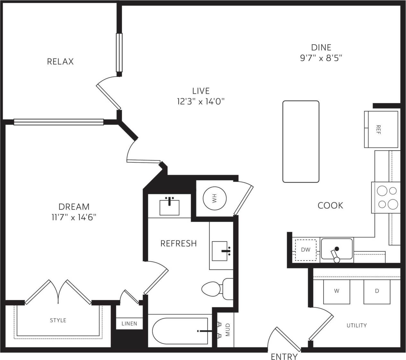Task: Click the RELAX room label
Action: pyautogui.click(x=60, y=61)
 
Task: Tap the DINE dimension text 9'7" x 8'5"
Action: pyautogui.click(x=321, y=58)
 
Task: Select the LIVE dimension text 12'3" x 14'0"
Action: pyautogui.click(x=201, y=102)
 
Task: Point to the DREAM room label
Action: pyautogui.click(x=74, y=207)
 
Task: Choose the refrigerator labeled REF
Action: pyautogui.click(x=381, y=129)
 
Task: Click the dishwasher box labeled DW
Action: pyautogui.click(x=306, y=250)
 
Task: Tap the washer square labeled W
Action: pyautogui.click(x=336, y=291)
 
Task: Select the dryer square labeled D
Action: pyautogui.click(x=377, y=291)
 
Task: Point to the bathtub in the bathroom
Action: pyautogui.click(x=180, y=330)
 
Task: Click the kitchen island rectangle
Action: pyautogui.click(x=301, y=141)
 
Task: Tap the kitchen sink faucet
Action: pyautogui.click(x=336, y=253)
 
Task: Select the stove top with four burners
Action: pyautogui.click(x=387, y=198)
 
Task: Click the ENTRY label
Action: pyautogui.click(x=284, y=356)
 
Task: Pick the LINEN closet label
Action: pyautogui.click(x=129, y=323)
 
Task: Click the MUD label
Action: pyautogui.click(x=228, y=330)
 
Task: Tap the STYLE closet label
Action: pyautogui.click(x=58, y=320)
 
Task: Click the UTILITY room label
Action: pyautogui.click(x=357, y=325)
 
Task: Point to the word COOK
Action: pyautogui.click(x=330, y=205)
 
